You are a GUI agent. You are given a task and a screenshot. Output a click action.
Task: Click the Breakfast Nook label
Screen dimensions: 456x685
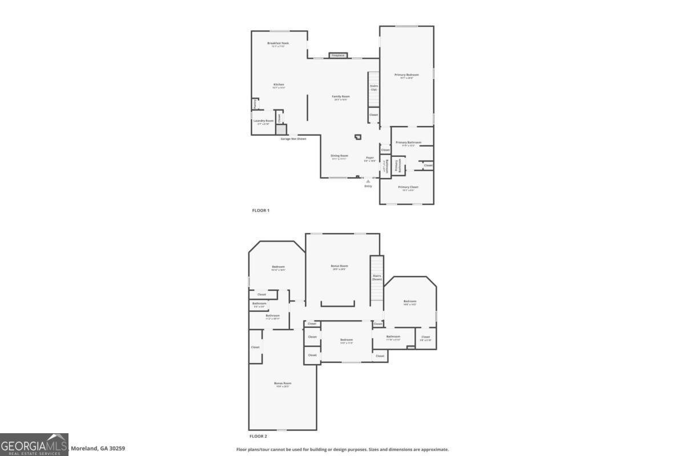[278, 43]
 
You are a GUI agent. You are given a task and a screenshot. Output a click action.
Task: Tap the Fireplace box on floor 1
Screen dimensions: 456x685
[338, 55]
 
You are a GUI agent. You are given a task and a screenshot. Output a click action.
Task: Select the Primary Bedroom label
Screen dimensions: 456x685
[406, 75]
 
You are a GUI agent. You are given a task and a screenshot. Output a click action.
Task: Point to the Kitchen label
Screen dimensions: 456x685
[279, 85]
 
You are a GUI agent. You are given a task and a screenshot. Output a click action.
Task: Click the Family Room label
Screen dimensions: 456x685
[341, 97]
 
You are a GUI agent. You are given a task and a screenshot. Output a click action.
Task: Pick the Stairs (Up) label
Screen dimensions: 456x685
[374, 88]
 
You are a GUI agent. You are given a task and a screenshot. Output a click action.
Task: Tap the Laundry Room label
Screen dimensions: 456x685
[264, 121]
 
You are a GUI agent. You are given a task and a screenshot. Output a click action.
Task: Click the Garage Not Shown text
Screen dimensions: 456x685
[293, 139]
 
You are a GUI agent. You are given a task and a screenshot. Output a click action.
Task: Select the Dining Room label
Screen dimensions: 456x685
[340, 156]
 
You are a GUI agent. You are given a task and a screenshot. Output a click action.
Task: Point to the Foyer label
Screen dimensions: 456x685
[370, 157]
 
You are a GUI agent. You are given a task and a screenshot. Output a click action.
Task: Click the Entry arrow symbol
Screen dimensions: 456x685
[368, 181]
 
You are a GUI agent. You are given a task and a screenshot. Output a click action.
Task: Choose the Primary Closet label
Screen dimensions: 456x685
[408, 187]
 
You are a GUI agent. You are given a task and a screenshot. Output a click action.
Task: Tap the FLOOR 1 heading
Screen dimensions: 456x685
[261, 210]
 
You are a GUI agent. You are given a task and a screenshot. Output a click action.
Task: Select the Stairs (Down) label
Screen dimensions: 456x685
[377, 278]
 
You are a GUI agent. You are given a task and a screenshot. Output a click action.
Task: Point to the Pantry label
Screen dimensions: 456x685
[255, 104]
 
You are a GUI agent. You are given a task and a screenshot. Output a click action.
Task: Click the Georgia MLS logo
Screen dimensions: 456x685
[34, 445]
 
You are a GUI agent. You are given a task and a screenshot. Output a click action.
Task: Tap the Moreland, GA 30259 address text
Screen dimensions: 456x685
[98, 449]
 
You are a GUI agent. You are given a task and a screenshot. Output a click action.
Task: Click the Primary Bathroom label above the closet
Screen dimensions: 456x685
[408, 142]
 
